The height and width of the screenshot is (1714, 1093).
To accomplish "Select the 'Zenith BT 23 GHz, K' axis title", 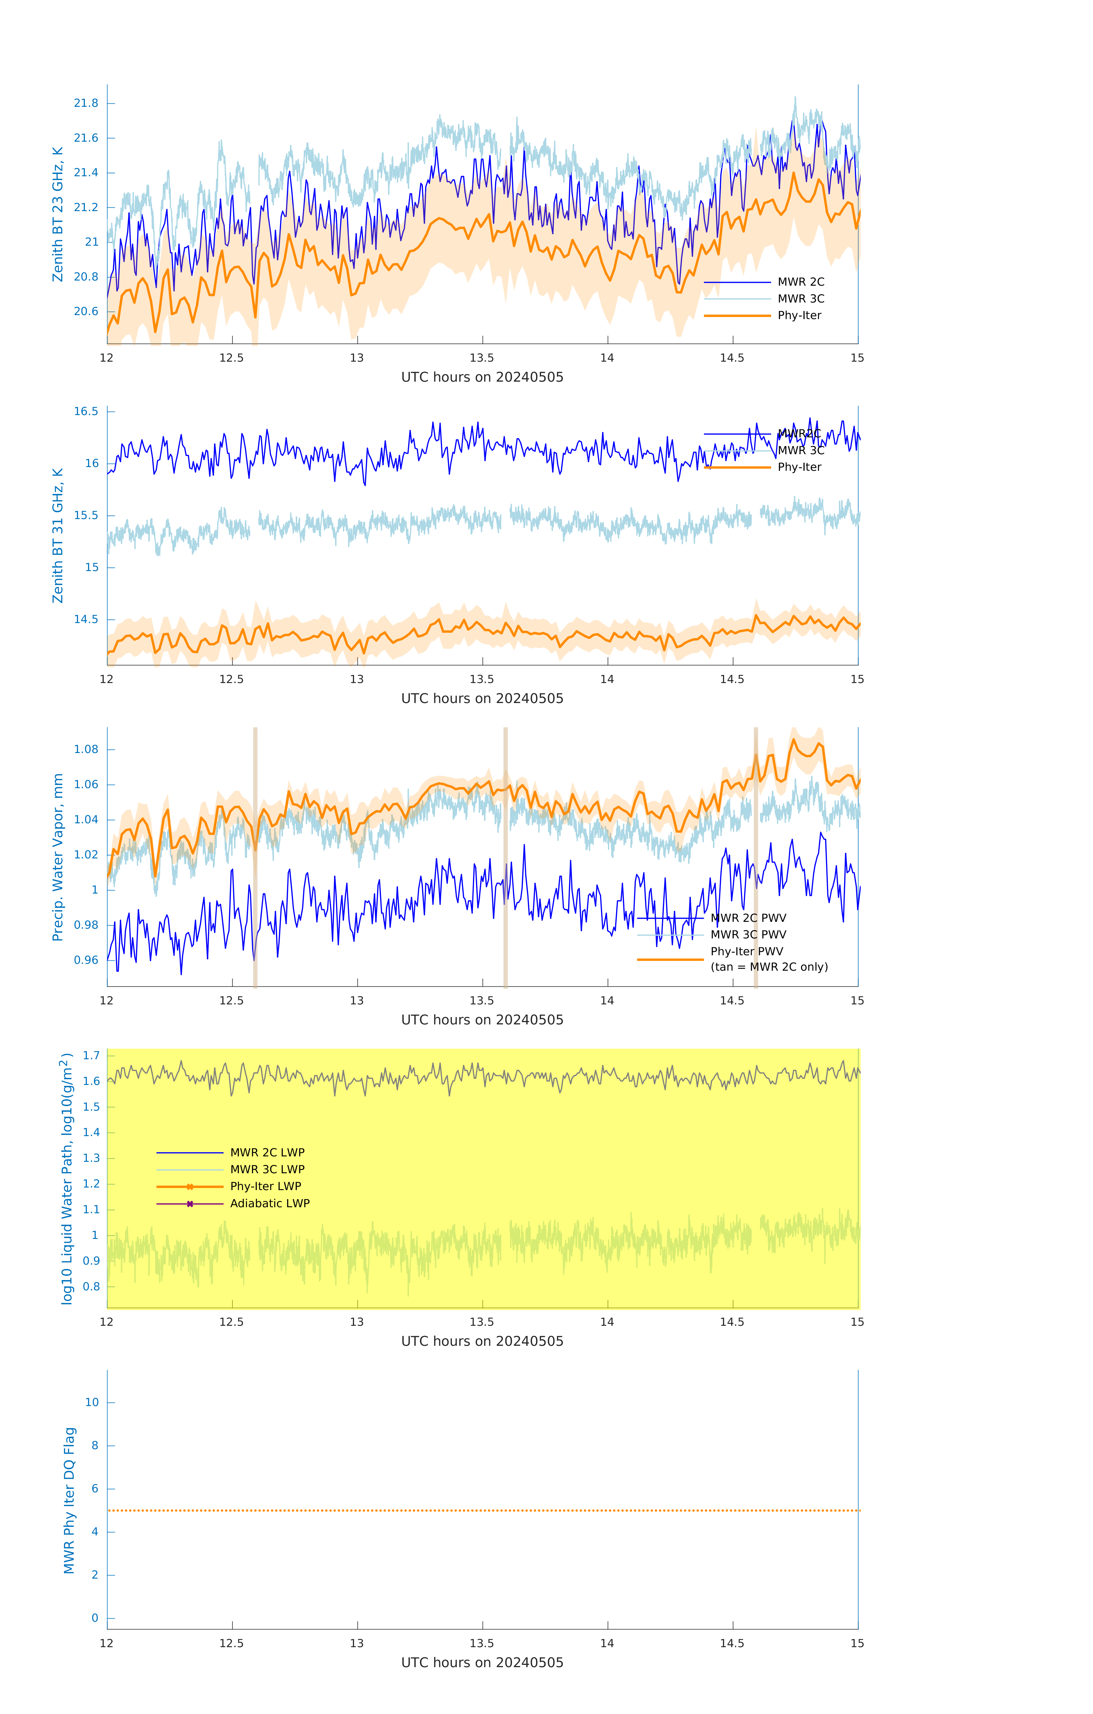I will (x=58, y=214).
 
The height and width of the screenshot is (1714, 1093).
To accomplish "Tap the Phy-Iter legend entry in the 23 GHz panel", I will (x=799, y=315).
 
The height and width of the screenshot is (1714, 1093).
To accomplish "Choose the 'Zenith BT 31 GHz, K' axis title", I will (x=58, y=535).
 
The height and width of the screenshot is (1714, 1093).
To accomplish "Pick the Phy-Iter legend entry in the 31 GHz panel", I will (x=799, y=467).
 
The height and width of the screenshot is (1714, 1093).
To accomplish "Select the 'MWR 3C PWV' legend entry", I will (x=748, y=935).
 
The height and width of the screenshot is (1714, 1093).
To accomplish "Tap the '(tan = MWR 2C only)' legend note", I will (x=769, y=967).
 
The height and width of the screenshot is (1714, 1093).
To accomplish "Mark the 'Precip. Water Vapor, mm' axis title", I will (x=58, y=857).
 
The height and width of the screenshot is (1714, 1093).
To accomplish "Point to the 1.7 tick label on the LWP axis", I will (x=90, y=1055).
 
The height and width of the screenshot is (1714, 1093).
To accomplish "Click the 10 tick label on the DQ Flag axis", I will (x=92, y=1402).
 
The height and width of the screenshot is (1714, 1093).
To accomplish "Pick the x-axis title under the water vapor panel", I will (x=482, y=1019).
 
